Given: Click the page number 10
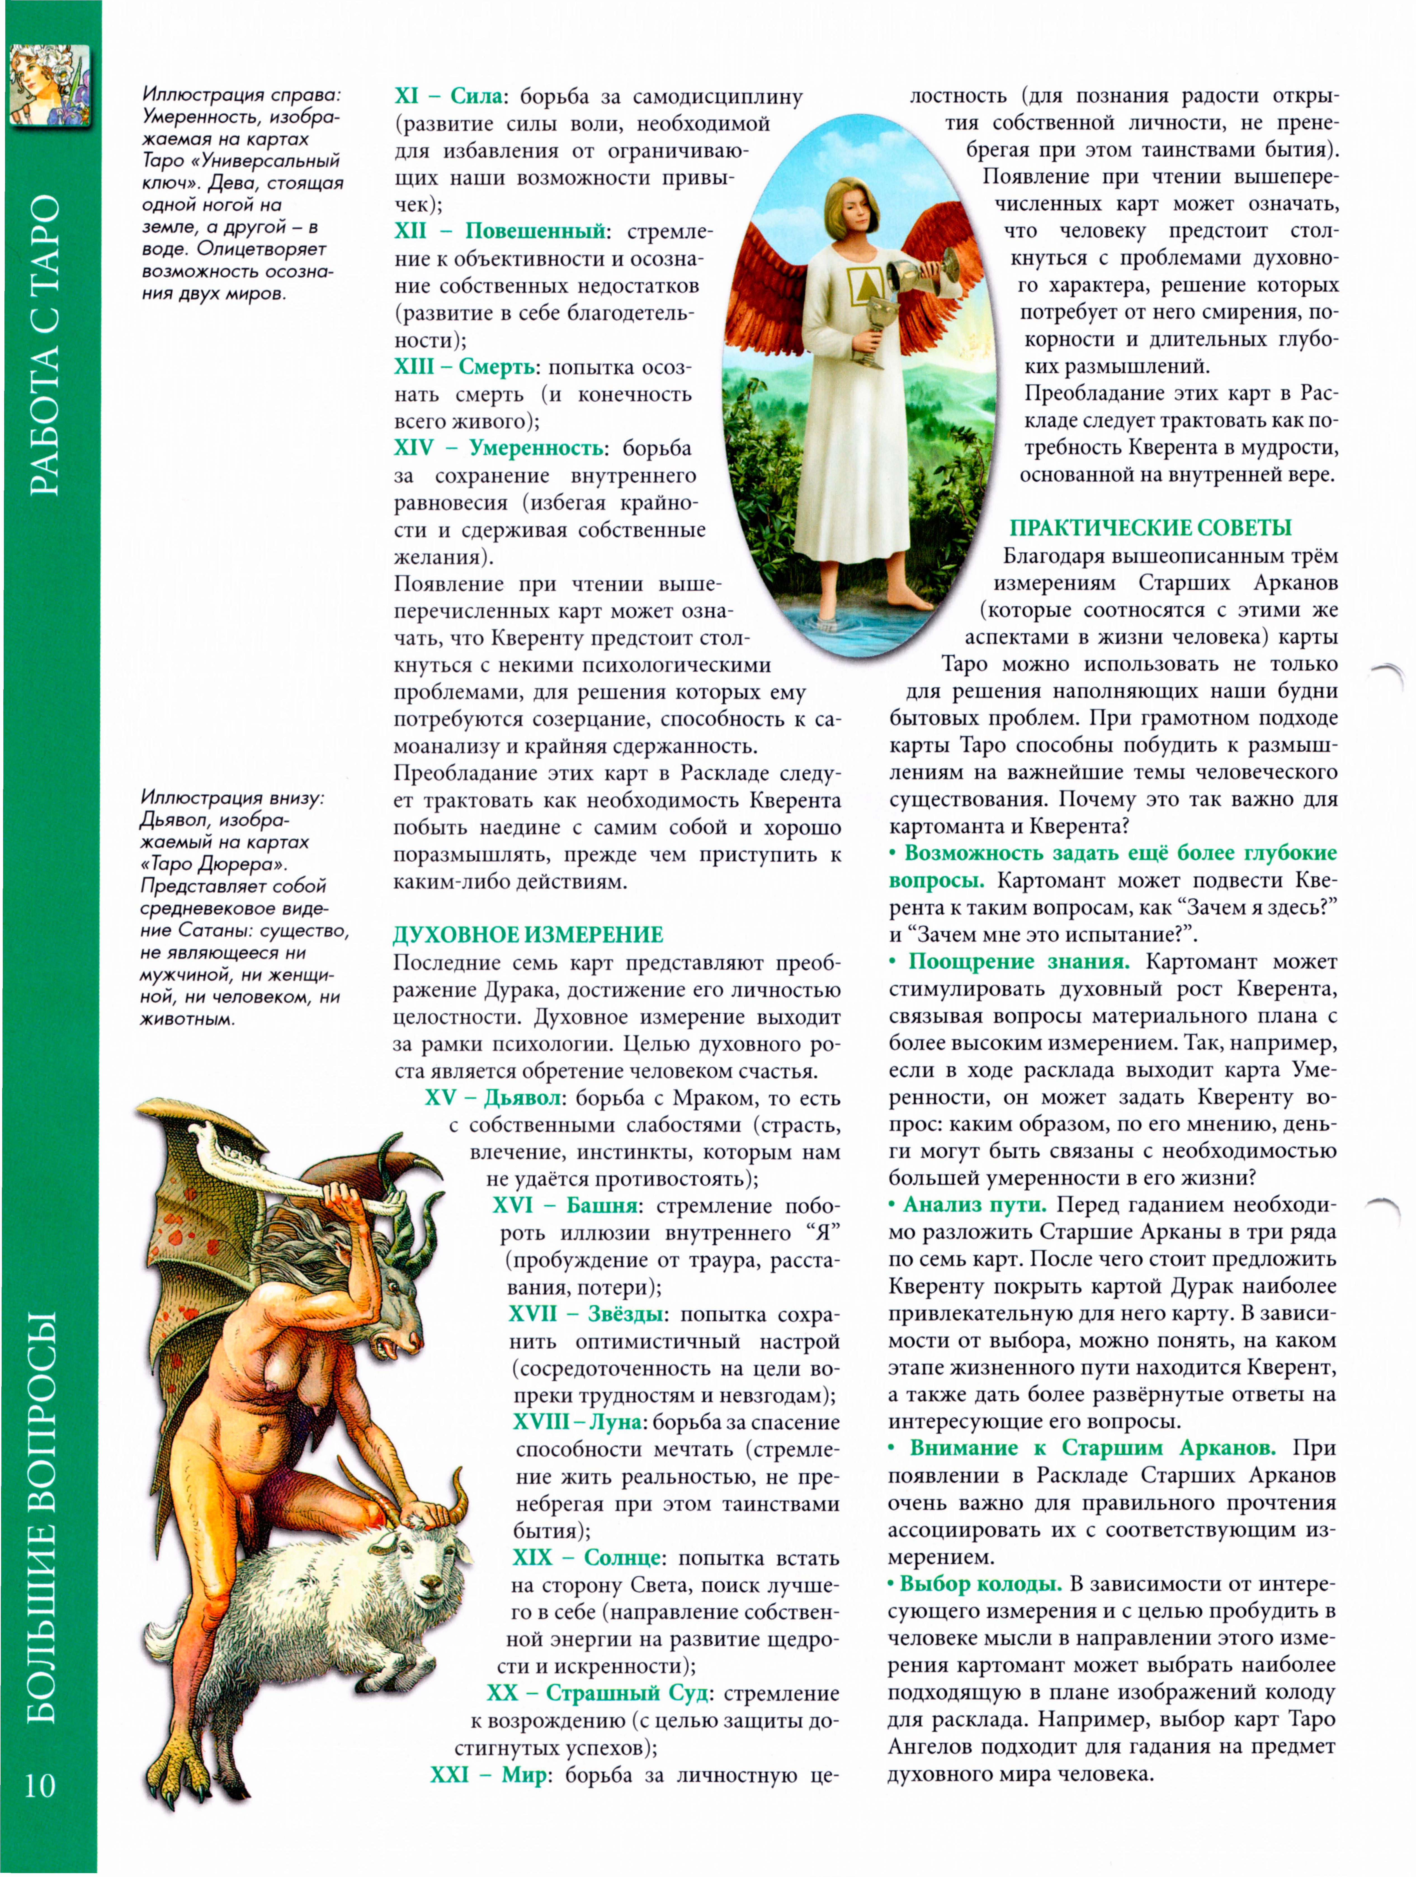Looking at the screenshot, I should [x=40, y=1784].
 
